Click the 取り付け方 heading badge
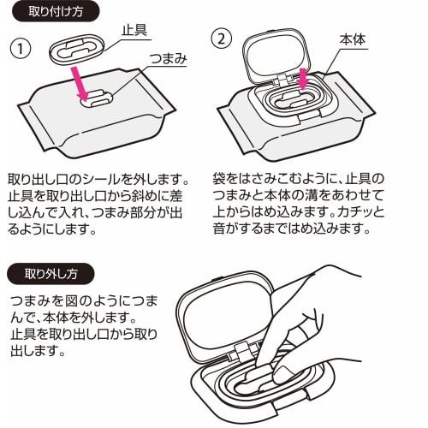56,12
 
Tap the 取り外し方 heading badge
51,274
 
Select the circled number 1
21,49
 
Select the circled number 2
222,39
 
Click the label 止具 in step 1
134,30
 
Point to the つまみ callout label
168,58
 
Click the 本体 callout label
353,39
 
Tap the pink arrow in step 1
80,84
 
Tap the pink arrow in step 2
303,79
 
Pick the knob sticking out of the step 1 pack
97,98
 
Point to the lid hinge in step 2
282,80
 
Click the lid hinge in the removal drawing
241,353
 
